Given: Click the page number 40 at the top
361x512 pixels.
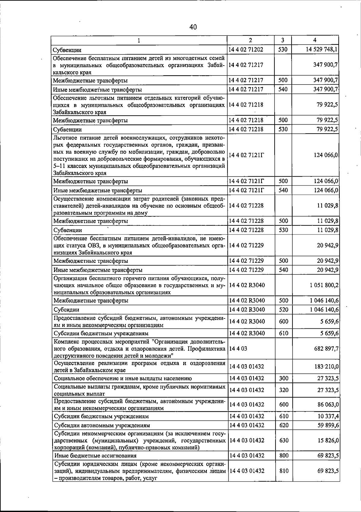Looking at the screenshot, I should pos(193,27).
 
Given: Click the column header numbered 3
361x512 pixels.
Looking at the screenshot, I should pos(283,40).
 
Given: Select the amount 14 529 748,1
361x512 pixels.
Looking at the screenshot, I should pos(322,49).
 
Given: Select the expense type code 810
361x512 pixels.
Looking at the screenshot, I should pos(284,470).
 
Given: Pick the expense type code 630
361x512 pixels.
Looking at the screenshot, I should pos(284,440).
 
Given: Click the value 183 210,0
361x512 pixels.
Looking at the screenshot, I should pos(326,367).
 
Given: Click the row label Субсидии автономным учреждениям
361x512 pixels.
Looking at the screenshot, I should pos(102,425).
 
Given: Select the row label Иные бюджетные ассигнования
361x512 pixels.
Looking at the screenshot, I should pos(95,456).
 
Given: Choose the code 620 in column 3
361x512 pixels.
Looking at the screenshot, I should pos(284,425).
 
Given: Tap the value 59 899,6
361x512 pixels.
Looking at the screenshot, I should pos(328,425).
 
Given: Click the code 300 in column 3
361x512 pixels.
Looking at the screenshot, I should pos(284,378).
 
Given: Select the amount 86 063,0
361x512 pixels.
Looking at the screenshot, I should pos(328,405).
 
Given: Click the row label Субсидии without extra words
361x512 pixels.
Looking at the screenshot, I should pos(66,310).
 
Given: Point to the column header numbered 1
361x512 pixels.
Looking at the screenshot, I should pos(139,40).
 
